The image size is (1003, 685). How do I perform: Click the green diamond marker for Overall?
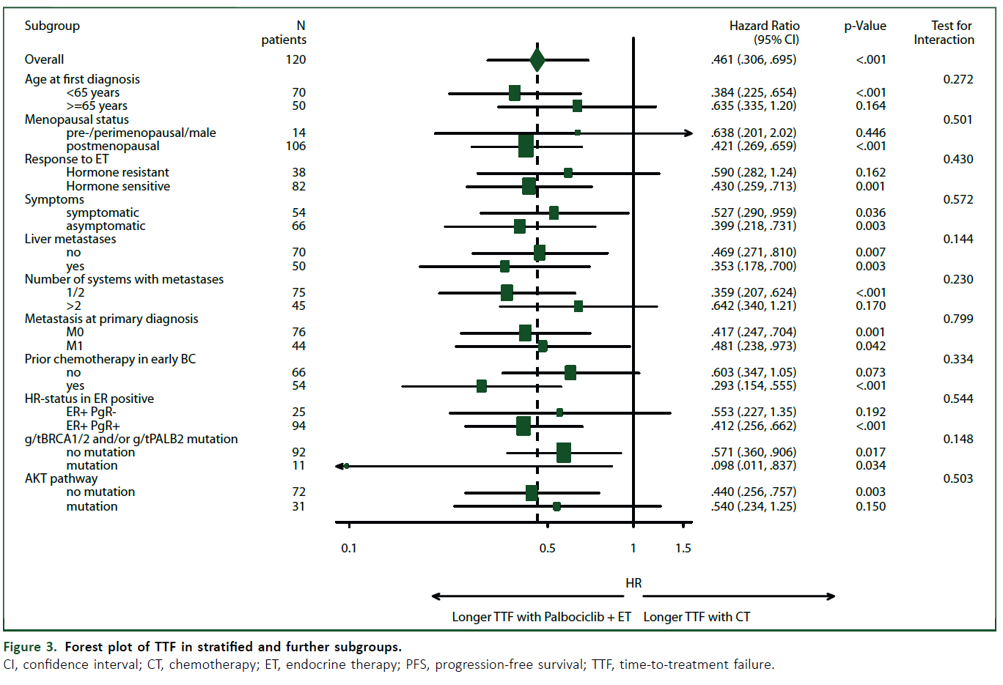[x=537, y=60]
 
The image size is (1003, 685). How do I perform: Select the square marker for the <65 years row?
[x=515, y=93]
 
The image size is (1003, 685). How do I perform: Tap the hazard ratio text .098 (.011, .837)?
[x=754, y=465]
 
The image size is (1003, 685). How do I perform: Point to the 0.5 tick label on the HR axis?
[x=547, y=548]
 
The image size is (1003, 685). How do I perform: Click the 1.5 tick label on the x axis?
[x=683, y=548]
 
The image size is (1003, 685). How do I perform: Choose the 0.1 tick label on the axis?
[x=349, y=548]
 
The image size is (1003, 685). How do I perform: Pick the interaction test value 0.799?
[x=958, y=319]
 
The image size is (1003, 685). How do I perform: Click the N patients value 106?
[x=296, y=146]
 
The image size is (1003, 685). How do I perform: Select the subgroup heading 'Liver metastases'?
[x=70, y=239]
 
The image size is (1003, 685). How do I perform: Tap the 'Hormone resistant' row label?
[x=118, y=172]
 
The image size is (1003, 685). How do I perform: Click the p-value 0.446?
[x=870, y=133]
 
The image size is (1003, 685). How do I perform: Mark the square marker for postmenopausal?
[x=526, y=147]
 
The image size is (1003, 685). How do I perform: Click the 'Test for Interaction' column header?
[x=944, y=33]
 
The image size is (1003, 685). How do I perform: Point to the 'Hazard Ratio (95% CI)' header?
[x=764, y=33]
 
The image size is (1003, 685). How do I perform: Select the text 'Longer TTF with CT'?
[x=697, y=617]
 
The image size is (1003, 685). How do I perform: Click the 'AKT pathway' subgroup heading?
[x=61, y=478]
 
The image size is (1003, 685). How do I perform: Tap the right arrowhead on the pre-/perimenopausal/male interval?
[x=688, y=133]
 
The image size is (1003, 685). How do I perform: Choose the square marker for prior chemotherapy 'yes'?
[x=482, y=386]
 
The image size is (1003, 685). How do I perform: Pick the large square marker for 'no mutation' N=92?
[x=564, y=453]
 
